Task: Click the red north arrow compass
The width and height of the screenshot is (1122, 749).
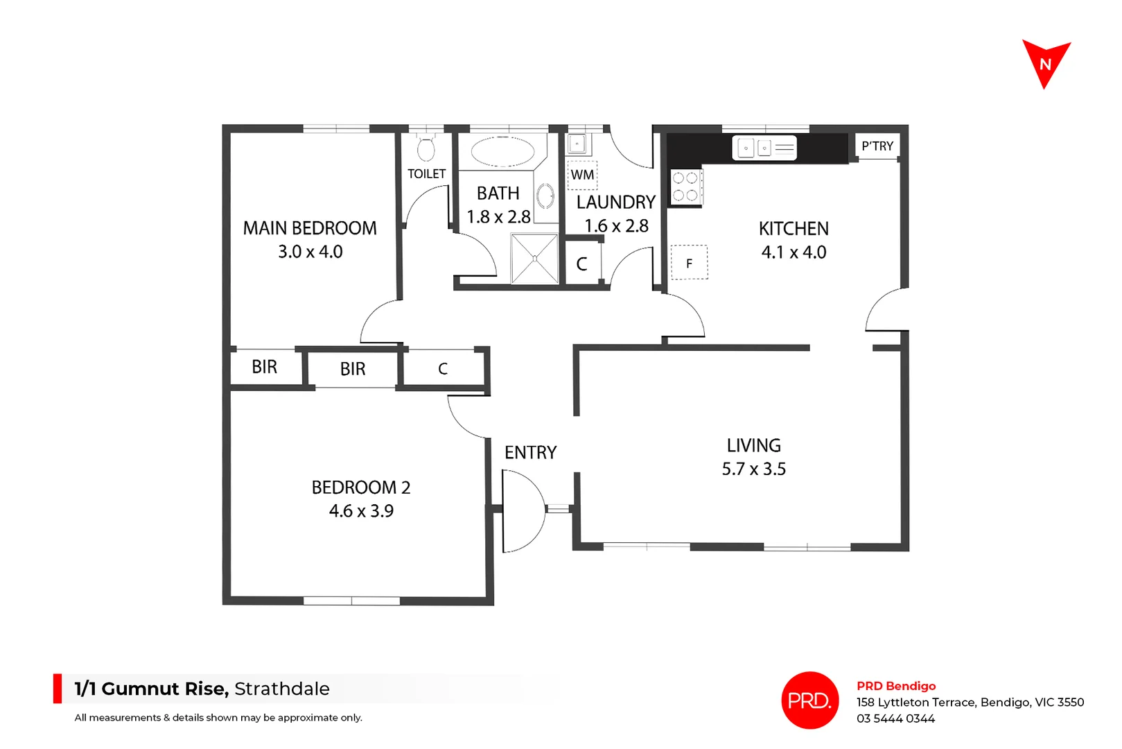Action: pyautogui.click(x=1046, y=63)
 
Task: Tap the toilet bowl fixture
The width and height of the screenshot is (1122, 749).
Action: pyautogui.click(x=426, y=148)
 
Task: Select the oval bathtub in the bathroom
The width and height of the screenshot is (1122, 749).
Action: pyautogui.click(x=502, y=150)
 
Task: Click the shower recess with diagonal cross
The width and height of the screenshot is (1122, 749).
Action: pyautogui.click(x=534, y=259)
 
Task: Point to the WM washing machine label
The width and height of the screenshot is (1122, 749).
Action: pyautogui.click(x=582, y=175)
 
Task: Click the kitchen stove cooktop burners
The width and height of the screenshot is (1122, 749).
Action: pyautogui.click(x=685, y=187)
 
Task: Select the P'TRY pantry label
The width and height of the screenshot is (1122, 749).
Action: pyautogui.click(x=877, y=146)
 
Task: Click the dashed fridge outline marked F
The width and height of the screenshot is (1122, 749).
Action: pyautogui.click(x=690, y=263)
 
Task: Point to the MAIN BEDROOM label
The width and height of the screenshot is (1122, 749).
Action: pyautogui.click(x=310, y=228)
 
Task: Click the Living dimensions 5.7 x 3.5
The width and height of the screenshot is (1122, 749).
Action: pyautogui.click(x=753, y=470)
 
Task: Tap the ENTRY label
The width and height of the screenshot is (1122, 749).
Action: pyautogui.click(x=530, y=453)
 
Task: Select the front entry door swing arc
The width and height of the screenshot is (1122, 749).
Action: pyautogui.click(x=523, y=510)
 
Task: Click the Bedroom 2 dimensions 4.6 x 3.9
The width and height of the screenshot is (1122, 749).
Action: pyautogui.click(x=361, y=511)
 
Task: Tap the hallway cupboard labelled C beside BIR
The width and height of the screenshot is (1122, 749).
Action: pyautogui.click(x=443, y=369)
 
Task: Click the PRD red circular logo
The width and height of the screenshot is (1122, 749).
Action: pyautogui.click(x=809, y=700)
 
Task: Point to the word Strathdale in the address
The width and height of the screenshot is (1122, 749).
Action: pyautogui.click(x=282, y=689)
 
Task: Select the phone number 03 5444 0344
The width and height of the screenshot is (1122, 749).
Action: pyautogui.click(x=895, y=719)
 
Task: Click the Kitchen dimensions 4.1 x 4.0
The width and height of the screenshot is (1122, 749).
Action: pyautogui.click(x=794, y=252)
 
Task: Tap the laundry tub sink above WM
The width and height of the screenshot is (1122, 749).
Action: pyautogui.click(x=577, y=144)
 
